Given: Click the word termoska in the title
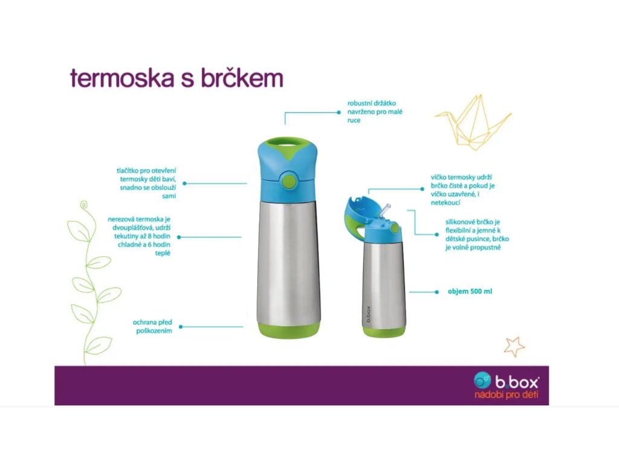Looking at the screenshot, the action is coord(122,78).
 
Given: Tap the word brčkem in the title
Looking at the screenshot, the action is coord(242,78).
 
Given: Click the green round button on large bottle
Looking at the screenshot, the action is coord(288,180).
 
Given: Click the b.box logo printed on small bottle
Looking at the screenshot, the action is coord(368,314).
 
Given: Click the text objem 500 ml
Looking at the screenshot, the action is coord(470,292).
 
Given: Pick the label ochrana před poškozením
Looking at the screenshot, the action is coord(152,327).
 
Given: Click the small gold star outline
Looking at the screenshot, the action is coord(514,347).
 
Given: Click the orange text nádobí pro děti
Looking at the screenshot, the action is coord(506,395).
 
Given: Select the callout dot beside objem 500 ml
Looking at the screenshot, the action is coord(436,292).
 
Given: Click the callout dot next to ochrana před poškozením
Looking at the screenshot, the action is coord(181,327).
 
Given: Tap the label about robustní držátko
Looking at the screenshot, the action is coord(375,112).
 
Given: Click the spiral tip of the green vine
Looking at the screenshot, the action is coord(83,205).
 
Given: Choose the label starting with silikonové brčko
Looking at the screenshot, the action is coord(477,235).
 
